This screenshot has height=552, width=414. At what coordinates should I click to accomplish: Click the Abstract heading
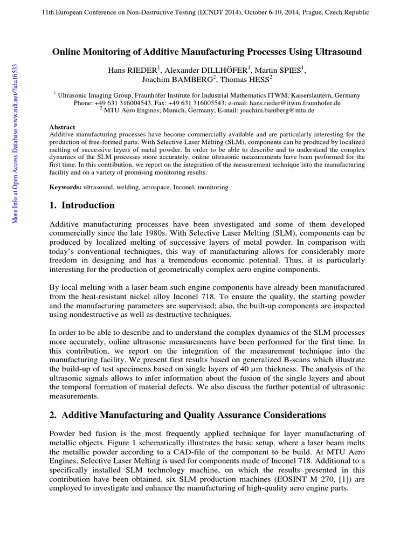[x=62, y=127]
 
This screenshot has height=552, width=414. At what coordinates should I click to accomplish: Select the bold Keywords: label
[x=65, y=187]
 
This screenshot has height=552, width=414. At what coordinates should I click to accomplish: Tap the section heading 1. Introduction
[x=82, y=205]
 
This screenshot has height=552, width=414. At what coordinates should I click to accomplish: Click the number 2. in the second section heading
[x=53, y=415]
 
